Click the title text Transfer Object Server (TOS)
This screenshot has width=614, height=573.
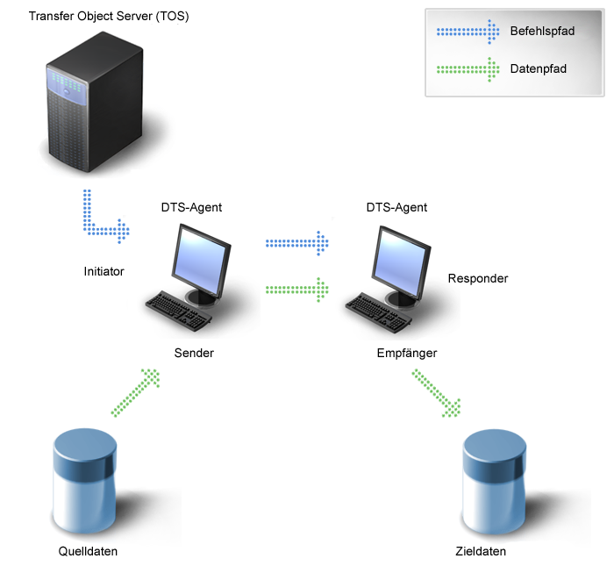(108, 18)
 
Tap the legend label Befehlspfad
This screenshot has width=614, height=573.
(542, 32)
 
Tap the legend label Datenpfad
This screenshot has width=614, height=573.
(536, 68)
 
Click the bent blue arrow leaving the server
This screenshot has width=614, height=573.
(101, 219)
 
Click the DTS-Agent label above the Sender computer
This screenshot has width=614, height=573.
(191, 208)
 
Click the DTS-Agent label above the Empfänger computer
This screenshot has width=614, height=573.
(396, 208)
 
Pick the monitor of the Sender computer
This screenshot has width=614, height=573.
(203, 259)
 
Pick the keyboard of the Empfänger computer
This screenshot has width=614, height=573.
(380, 310)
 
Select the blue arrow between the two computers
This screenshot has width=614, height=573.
(296, 242)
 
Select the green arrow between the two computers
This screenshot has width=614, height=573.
(296, 288)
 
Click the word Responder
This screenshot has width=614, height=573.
(478, 279)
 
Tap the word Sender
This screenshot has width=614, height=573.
(194, 353)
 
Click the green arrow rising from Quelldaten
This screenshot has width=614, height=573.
(137, 392)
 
